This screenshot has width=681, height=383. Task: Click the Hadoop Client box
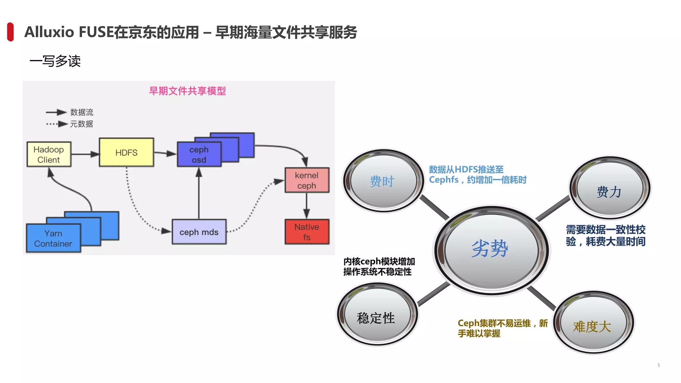(49, 155)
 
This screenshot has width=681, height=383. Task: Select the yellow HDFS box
(126, 153)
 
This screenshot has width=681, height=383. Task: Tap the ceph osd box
(199, 155)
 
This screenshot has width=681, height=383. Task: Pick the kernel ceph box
(307, 180)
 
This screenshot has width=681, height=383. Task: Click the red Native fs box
(307, 232)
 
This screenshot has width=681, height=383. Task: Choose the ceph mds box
(199, 232)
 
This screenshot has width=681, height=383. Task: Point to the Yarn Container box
(53, 238)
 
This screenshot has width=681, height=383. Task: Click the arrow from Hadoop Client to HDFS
(85, 154)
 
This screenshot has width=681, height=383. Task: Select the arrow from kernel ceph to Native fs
(307, 206)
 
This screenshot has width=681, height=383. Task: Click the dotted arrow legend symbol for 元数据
(57, 124)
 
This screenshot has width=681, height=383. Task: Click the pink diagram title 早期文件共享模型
(187, 91)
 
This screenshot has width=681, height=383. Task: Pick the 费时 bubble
(383, 181)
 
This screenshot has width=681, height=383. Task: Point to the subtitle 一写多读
(55, 61)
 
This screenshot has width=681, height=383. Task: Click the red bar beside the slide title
(10, 32)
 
